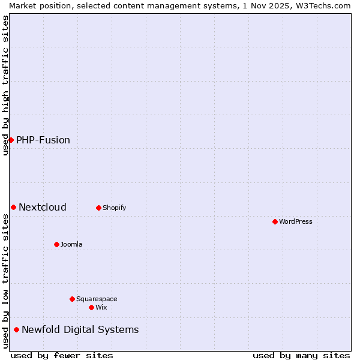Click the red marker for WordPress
[275, 221]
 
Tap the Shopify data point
[98, 208]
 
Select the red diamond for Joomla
[56, 244]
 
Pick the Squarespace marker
[72, 299]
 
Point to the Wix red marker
[91, 307]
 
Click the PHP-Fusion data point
[11, 140]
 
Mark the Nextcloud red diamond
[13, 207]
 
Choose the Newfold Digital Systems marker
[16, 329]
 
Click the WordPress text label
[296, 221]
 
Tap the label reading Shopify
[114, 208]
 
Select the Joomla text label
[71, 244]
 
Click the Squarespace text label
[97, 299]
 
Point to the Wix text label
[101, 307]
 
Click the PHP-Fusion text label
[43, 140]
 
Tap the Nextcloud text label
[43, 207]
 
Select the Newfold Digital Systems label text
[80, 329]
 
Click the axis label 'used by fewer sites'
[62, 355]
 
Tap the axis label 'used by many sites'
[301, 355]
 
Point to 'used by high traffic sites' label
[6, 85]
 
